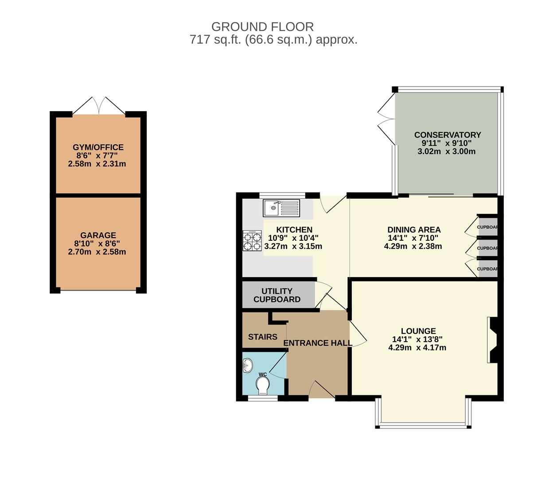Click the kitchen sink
(281, 208)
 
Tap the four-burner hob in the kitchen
(252, 240)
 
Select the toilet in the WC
(262, 385)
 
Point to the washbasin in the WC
(247, 365)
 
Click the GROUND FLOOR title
(262, 27)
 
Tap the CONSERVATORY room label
(448, 135)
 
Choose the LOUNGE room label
(418, 331)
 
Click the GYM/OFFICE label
(98, 147)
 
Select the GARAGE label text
(98, 235)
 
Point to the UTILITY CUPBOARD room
(278, 295)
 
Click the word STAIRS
(263, 337)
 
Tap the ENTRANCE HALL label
(318, 343)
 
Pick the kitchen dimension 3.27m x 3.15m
(293, 246)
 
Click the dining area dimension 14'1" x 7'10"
(413, 238)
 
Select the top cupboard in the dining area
(487, 227)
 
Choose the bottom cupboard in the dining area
(487, 269)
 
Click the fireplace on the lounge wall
(492, 340)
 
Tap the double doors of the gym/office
(99, 105)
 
